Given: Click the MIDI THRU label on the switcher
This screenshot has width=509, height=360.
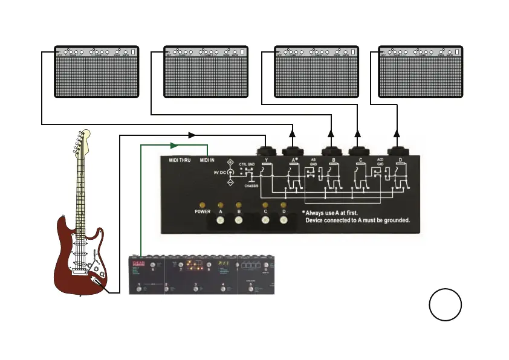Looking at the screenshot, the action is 180,160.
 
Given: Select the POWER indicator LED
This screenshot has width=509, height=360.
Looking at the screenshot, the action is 202,205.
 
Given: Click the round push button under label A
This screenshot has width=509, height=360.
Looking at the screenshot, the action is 221,220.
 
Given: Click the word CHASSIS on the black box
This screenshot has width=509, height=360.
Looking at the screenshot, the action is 251,186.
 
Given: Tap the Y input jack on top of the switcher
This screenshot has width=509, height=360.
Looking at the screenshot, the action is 267,149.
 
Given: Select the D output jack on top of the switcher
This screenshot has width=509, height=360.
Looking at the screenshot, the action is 397,149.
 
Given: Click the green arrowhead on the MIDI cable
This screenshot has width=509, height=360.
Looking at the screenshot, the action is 173,145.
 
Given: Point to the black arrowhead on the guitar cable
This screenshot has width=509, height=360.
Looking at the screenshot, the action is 192,135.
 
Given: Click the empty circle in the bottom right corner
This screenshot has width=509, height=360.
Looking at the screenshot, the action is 446,305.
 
